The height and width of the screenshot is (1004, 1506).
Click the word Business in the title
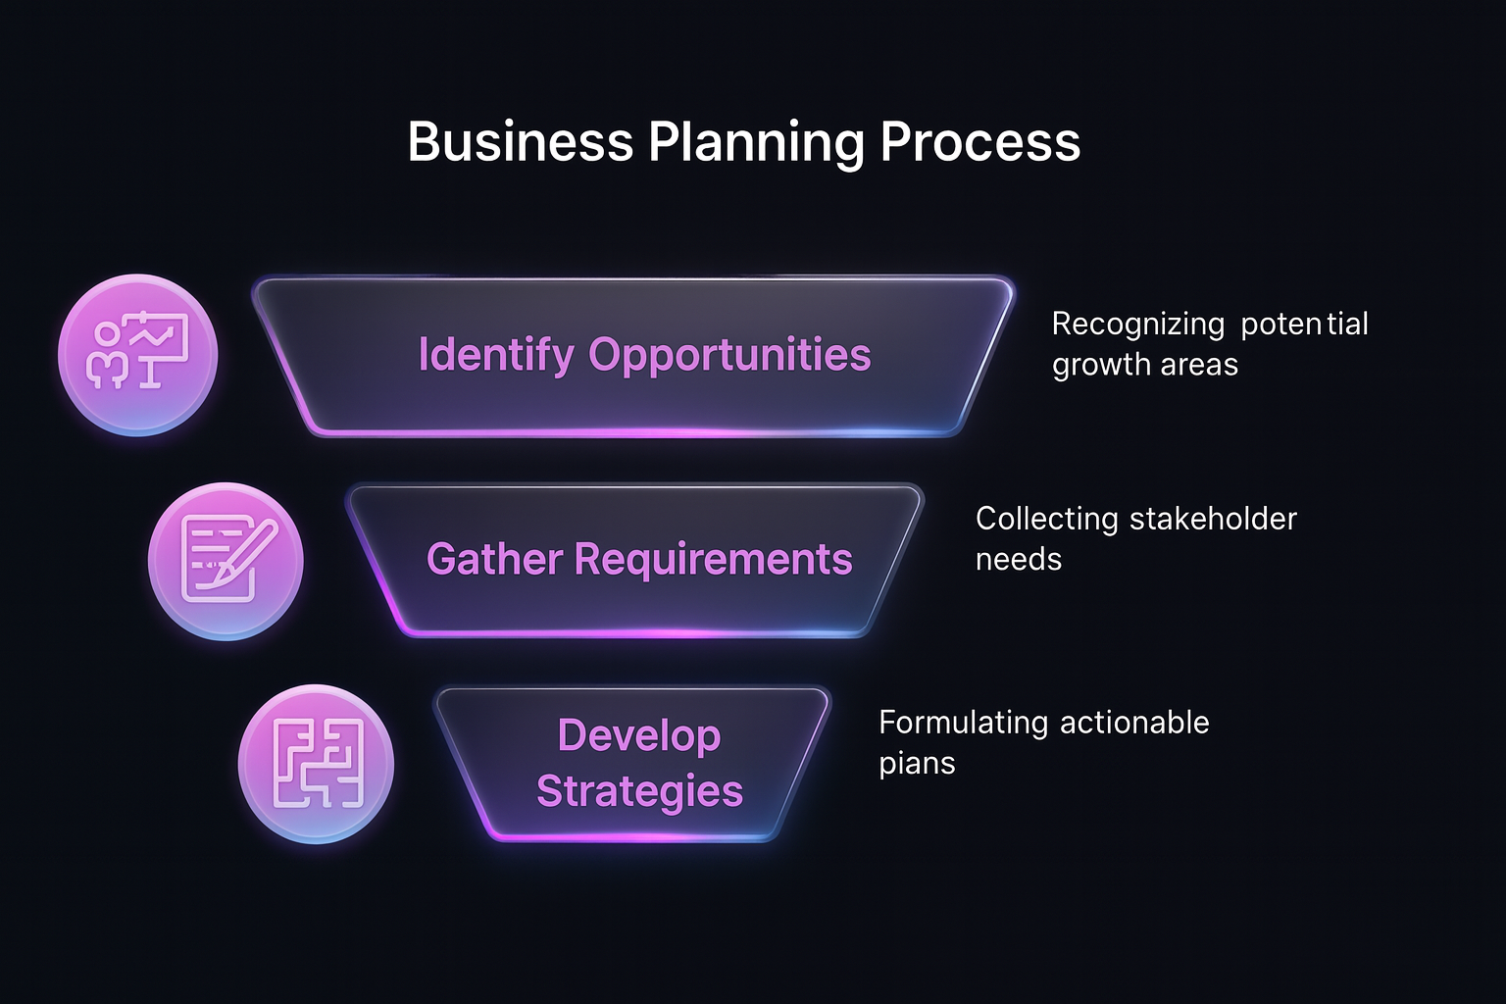(520, 142)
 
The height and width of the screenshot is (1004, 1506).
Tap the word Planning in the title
(754, 142)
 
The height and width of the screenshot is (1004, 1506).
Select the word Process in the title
(979, 142)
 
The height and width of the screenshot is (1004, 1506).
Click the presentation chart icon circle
(138, 355)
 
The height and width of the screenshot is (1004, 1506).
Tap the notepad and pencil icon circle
(226, 561)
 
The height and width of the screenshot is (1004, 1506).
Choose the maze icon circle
(316, 764)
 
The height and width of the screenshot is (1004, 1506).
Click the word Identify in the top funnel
(496, 355)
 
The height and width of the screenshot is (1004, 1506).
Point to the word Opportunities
(729, 355)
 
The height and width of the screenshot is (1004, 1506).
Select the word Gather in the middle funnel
(494, 560)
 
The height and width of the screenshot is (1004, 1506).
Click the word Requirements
(713, 560)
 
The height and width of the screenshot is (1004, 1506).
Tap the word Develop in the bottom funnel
(639, 735)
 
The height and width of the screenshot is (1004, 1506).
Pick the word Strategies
(639, 790)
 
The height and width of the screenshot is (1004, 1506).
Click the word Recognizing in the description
(1137, 325)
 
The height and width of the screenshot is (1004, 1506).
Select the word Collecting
(1046, 519)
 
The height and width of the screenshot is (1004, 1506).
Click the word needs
(1018, 560)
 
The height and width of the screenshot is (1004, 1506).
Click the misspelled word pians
(916, 764)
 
